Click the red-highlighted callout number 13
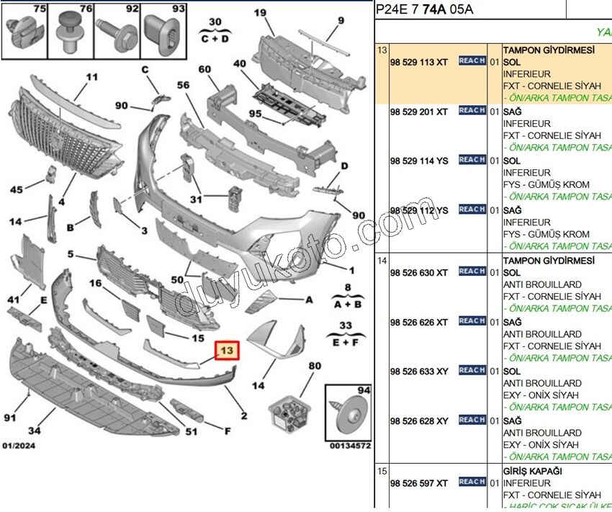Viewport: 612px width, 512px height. pyautogui.click(x=228, y=351)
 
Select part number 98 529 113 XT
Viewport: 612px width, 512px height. pyautogui.click(x=418, y=62)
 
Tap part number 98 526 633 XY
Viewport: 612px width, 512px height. pyautogui.click(x=418, y=371)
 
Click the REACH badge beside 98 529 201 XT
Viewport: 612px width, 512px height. pyautogui.click(x=472, y=110)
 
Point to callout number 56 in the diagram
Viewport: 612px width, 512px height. pyautogui.click(x=183, y=84)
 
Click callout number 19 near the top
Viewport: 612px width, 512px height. pyautogui.click(x=260, y=12)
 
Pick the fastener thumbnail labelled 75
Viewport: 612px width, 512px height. pyautogui.click(x=24, y=30)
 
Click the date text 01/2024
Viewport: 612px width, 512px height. pyautogui.click(x=19, y=445)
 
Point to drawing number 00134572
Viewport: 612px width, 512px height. pyautogui.click(x=350, y=446)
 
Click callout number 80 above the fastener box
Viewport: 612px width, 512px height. pyautogui.click(x=314, y=365)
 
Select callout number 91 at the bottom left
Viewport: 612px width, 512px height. pyautogui.click(x=10, y=418)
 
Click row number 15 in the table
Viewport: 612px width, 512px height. pyautogui.click(x=382, y=471)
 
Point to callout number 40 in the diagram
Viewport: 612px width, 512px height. pyautogui.click(x=240, y=63)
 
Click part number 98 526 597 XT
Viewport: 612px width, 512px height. pyautogui.click(x=418, y=482)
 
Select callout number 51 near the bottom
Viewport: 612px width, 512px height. pyautogui.click(x=191, y=432)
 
